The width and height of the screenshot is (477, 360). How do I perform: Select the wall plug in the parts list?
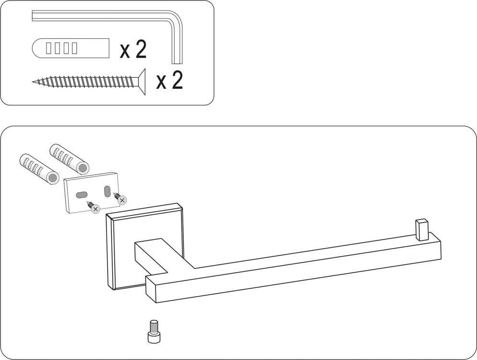(70, 48)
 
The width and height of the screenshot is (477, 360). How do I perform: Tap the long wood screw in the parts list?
(88, 82)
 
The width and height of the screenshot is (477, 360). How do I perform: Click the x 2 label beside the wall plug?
(133, 49)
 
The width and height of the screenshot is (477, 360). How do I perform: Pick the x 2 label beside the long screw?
(169, 80)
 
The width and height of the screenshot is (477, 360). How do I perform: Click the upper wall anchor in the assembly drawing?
(70, 158)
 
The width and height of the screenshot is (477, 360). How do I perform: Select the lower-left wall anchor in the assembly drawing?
(39, 168)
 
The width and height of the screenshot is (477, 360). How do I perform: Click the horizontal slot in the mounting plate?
(82, 195)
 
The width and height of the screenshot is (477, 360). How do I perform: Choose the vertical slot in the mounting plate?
(107, 192)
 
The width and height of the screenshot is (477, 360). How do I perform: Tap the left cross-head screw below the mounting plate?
(94, 207)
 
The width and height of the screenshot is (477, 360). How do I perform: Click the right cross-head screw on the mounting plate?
(120, 198)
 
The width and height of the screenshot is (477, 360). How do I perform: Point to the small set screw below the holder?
(153, 331)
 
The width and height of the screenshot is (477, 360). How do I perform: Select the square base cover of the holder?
(145, 246)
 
